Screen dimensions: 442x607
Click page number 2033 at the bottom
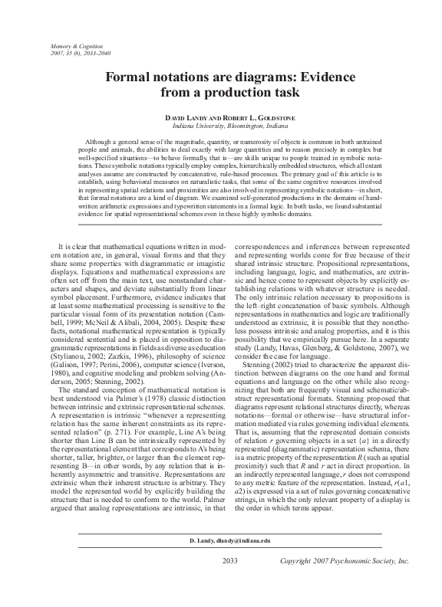(x=231, y=582)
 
